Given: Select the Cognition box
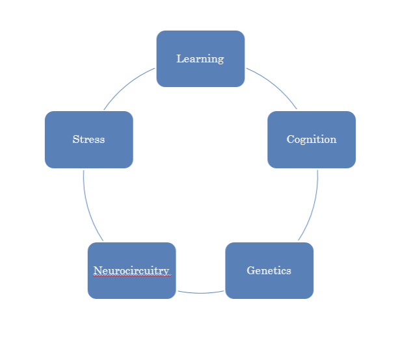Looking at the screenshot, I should coord(312,155).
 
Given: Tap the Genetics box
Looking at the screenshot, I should coord(269,286).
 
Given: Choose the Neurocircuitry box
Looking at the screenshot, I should coord(131,287).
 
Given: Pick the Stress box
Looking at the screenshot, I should coord(88,155).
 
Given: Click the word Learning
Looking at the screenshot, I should coord(200,59).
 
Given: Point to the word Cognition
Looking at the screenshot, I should coord(312,140).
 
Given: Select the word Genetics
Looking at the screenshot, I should coord(269,271).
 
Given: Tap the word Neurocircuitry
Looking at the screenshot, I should coord(131,271).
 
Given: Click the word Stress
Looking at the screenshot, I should coord(88,140).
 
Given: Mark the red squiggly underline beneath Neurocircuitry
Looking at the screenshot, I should coord(131,276).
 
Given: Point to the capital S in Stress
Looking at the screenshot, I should coord(75,140).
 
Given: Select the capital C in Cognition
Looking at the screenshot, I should coord(290,140).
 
